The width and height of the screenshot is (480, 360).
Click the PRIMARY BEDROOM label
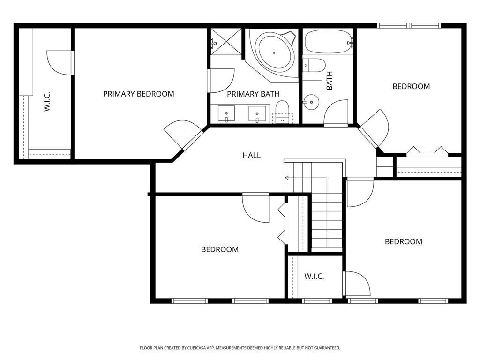coord(138,94)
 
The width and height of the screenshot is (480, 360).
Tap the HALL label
coord(252,155)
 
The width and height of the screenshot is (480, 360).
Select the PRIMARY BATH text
coord(253,94)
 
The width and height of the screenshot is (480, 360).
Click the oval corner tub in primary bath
coord(274,53)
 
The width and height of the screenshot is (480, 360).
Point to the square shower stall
coord(226,42)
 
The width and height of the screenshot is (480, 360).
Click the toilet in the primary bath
coord(282,112)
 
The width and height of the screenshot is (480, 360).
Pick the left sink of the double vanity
coord(226,114)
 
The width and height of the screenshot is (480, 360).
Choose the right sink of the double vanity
coord(257,114)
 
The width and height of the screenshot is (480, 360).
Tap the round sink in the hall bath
coord(311,102)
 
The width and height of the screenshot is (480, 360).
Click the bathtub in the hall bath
coord(327,42)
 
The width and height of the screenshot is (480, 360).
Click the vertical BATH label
coord(330,81)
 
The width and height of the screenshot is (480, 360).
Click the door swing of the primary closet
coord(59,62)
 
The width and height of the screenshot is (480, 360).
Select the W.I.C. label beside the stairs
coord(314,277)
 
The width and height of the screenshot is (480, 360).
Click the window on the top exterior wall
coord(409,26)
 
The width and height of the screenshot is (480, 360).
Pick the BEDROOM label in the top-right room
coord(411,87)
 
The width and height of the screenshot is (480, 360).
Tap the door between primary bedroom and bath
coord(221,81)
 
